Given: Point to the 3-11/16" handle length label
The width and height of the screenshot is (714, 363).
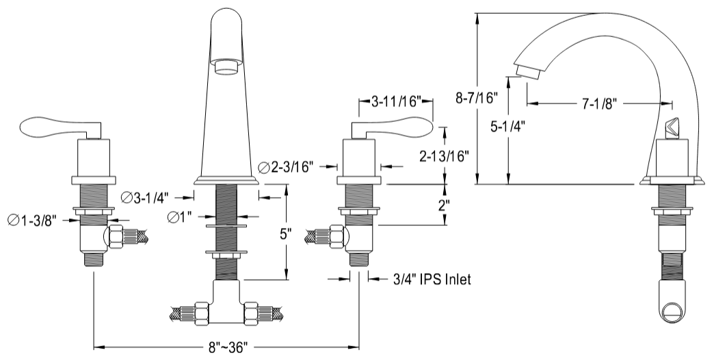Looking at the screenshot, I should [396, 102].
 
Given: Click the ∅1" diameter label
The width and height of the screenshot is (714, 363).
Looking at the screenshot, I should [181, 218].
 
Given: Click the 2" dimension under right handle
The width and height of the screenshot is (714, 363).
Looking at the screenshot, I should [445, 205].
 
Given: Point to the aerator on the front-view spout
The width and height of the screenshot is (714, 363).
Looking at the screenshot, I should [226, 66].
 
